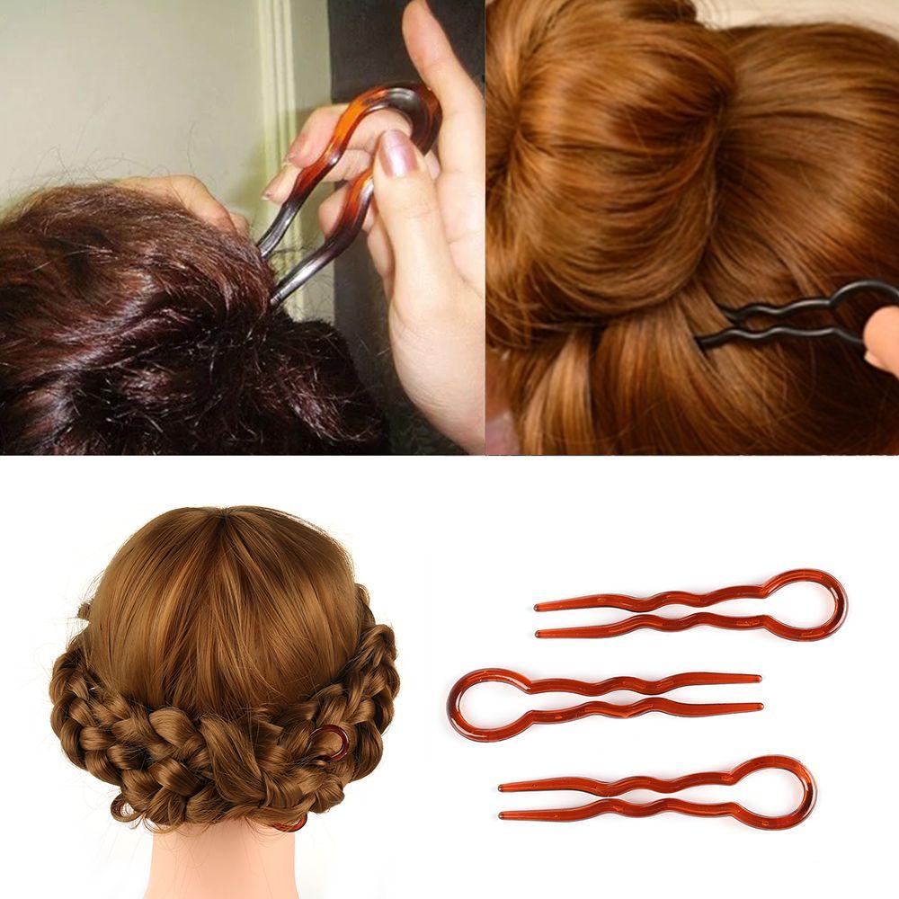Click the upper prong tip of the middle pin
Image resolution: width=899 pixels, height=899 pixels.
(757, 677)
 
